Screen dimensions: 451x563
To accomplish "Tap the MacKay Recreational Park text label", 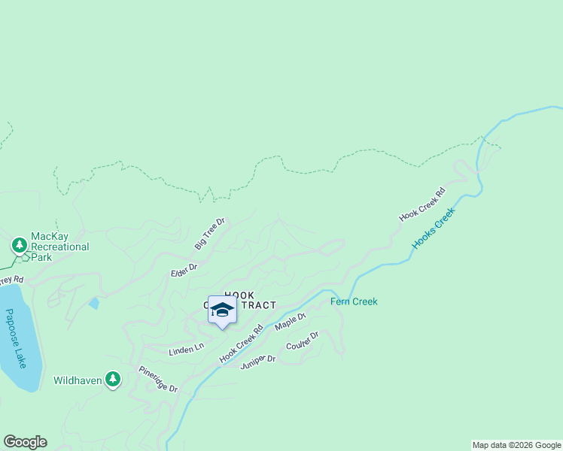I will [x=59, y=247].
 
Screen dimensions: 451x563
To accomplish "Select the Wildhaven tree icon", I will [x=113, y=380].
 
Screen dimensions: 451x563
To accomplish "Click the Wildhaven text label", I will [x=78, y=381].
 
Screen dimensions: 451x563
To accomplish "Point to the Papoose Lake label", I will [x=15, y=339].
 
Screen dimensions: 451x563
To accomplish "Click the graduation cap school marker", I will [x=222, y=310].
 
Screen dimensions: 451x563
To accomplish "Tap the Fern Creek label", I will [x=354, y=301].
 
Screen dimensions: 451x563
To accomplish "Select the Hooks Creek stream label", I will [x=434, y=229].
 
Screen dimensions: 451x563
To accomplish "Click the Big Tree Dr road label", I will [x=210, y=234].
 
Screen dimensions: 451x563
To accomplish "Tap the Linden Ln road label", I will [x=186, y=348].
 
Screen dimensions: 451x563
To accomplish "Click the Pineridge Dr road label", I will [x=157, y=380].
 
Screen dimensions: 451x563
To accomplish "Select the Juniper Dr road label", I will [x=258, y=362].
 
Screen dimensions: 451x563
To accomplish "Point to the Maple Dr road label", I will [x=291, y=322].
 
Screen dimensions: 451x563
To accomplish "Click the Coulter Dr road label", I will [x=303, y=341].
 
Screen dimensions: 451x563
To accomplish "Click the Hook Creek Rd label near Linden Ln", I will [x=241, y=344].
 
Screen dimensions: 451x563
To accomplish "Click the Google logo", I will [x=25, y=442].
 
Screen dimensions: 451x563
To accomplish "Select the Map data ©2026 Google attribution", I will [x=516, y=445].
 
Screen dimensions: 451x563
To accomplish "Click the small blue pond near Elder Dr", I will [x=93, y=303].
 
